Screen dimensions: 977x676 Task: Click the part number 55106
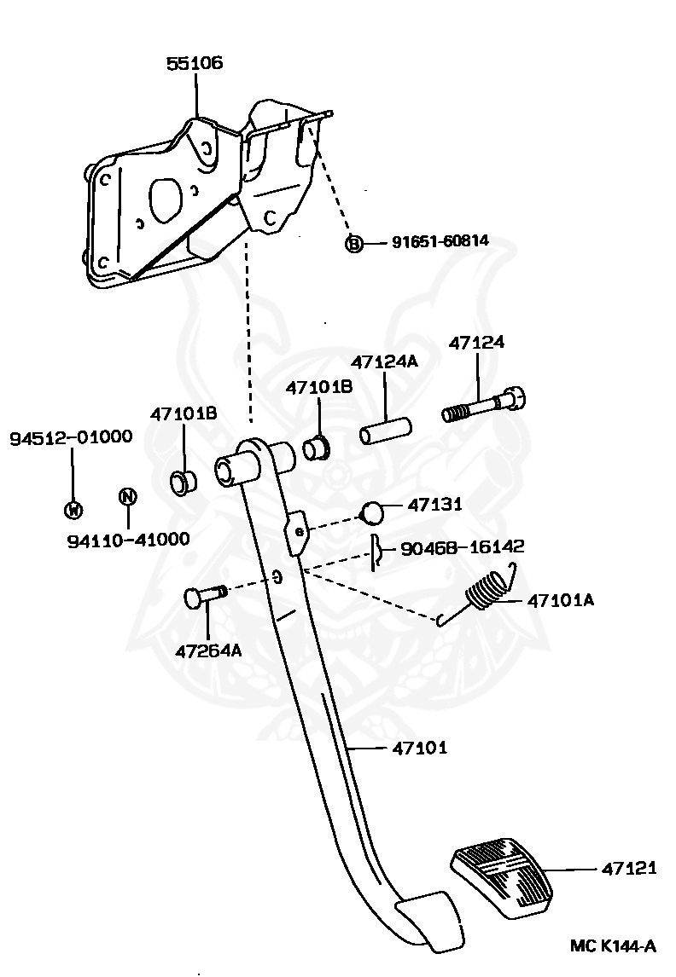click(x=195, y=63)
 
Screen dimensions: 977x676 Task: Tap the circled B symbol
click(x=353, y=244)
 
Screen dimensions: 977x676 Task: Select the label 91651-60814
click(x=440, y=241)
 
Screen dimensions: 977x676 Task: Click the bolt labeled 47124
click(x=484, y=405)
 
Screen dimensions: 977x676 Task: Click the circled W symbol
click(x=73, y=510)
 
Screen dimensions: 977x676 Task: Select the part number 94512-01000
click(x=71, y=438)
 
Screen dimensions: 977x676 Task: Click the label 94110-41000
click(x=128, y=540)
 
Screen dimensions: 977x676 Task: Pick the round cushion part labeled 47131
click(x=372, y=512)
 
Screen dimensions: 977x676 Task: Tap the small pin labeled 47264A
click(x=202, y=596)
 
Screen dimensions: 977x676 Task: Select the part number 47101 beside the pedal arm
click(x=420, y=749)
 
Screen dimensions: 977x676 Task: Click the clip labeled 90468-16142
click(x=376, y=552)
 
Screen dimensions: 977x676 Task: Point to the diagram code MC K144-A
click(x=613, y=945)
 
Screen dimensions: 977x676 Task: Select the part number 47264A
click(x=208, y=650)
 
